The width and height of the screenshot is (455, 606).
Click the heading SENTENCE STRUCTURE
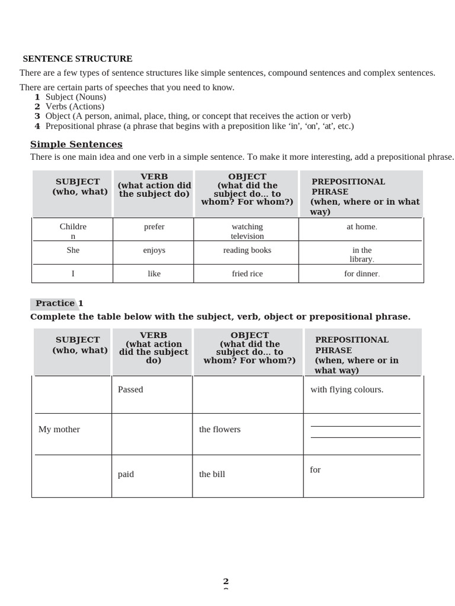[78, 59]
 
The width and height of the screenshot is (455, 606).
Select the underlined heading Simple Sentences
[76, 144]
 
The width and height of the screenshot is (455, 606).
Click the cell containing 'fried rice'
[247, 273]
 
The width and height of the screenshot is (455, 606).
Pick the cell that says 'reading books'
[247, 250]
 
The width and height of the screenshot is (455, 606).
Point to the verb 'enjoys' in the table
[154, 250]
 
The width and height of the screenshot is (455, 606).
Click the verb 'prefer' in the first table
[154, 227]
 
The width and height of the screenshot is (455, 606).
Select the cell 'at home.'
[361, 227]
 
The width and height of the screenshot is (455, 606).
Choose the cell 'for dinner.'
[361, 273]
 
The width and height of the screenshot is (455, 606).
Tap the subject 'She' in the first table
[73, 250]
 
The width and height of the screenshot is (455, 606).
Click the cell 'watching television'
[247, 231]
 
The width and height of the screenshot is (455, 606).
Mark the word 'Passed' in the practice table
[130, 389]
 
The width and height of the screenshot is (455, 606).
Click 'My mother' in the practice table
[59, 429]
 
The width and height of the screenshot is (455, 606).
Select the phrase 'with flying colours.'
[347, 389]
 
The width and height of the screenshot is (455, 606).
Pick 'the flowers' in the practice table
[220, 429]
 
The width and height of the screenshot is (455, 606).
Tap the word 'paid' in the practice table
[126, 474]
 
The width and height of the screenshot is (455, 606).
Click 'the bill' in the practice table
[212, 474]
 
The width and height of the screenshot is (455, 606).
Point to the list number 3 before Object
[37, 116]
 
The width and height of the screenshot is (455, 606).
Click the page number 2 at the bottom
[226, 581]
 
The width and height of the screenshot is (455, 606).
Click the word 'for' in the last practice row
[315, 469]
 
